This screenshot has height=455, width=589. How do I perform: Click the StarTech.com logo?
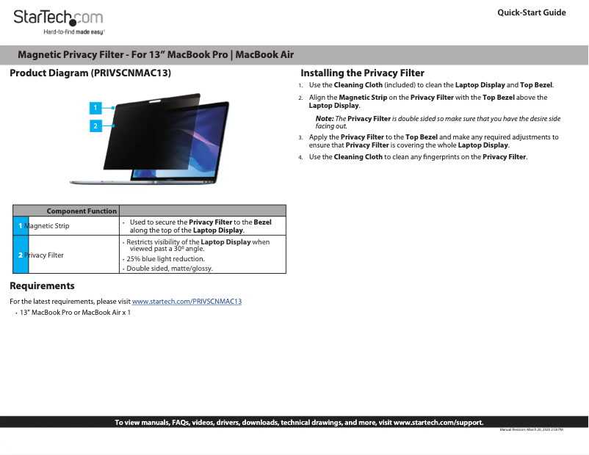coord(58,22)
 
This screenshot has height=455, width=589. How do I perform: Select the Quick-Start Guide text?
coord(532,12)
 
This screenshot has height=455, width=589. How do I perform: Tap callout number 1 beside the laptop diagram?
coord(95,108)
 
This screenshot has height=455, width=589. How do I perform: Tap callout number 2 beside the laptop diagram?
coord(95,125)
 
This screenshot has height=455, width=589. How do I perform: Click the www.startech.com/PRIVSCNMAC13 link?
coord(187,302)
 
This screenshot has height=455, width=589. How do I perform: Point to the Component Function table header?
coord(82,211)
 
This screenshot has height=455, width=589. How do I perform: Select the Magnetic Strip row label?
coord(46,225)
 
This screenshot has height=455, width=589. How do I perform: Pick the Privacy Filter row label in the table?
coord(44,255)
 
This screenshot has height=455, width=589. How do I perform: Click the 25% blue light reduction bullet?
coord(165,258)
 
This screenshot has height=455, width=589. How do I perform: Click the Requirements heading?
coord(42,286)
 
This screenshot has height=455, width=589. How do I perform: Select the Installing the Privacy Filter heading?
coord(363,73)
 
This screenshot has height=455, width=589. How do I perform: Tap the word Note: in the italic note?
coord(325,119)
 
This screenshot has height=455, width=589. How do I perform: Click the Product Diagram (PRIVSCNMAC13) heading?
coord(90,73)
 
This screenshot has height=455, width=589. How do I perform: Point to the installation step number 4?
coord(300,157)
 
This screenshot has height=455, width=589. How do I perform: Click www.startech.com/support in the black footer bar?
coord(438,422)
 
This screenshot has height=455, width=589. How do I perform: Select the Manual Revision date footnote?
coord(531,429)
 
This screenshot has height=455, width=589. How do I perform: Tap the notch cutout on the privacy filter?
coord(155,101)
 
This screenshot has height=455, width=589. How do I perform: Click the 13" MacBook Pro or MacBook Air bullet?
coord(75,313)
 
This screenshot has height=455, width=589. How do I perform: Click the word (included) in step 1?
coord(400,85)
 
